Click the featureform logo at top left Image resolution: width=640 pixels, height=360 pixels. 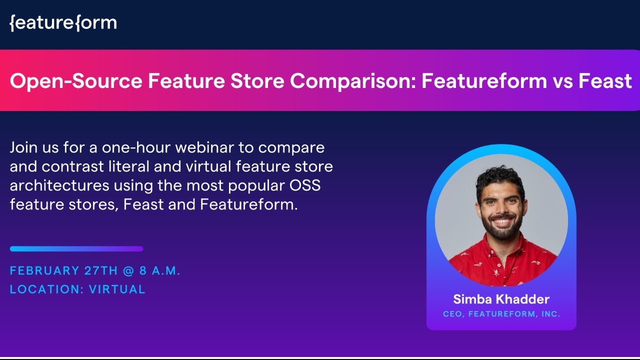(63, 23)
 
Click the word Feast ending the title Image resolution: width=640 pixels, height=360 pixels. (605, 80)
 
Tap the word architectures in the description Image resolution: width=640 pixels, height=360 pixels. (59, 186)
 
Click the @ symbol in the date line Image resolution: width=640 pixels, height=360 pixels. (128, 271)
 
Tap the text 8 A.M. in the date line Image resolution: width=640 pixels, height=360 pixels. (160, 271)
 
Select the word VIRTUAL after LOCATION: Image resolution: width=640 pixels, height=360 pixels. (117, 289)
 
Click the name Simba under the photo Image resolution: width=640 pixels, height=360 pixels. (471, 299)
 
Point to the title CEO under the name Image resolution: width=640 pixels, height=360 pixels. (453, 314)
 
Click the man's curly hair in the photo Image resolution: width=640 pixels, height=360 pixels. (500, 177)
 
